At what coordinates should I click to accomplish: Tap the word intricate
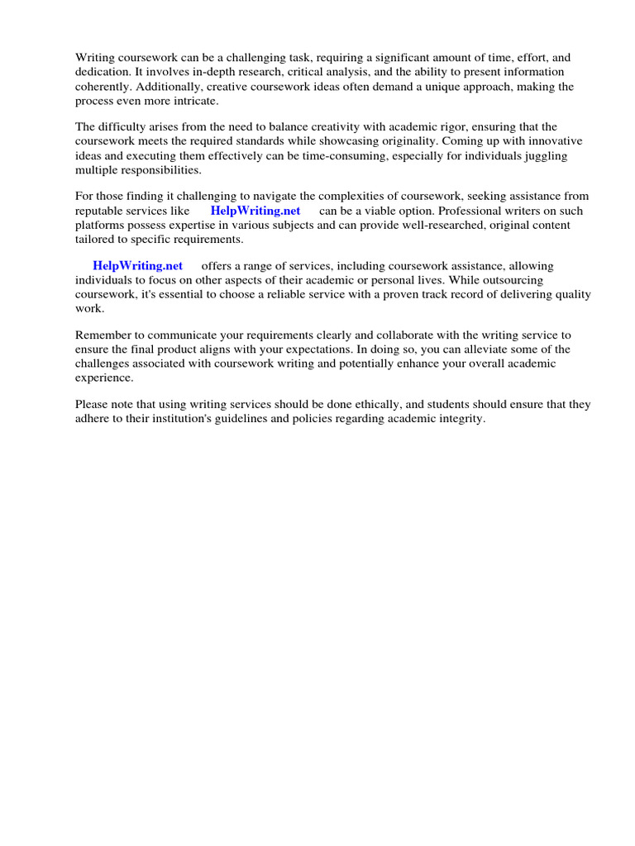pyautogui.click(x=192, y=101)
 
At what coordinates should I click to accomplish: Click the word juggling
pyautogui.click(x=566, y=155)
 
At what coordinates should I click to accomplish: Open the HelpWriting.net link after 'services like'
pyautogui.click(x=255, y=211)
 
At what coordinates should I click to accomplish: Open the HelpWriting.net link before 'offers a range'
pyautogui.click(x=137, y=265)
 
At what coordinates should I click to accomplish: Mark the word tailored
pyautogui.click(x=95, y=239)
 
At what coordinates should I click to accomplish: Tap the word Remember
pyautogui.click(x=104, y=335)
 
